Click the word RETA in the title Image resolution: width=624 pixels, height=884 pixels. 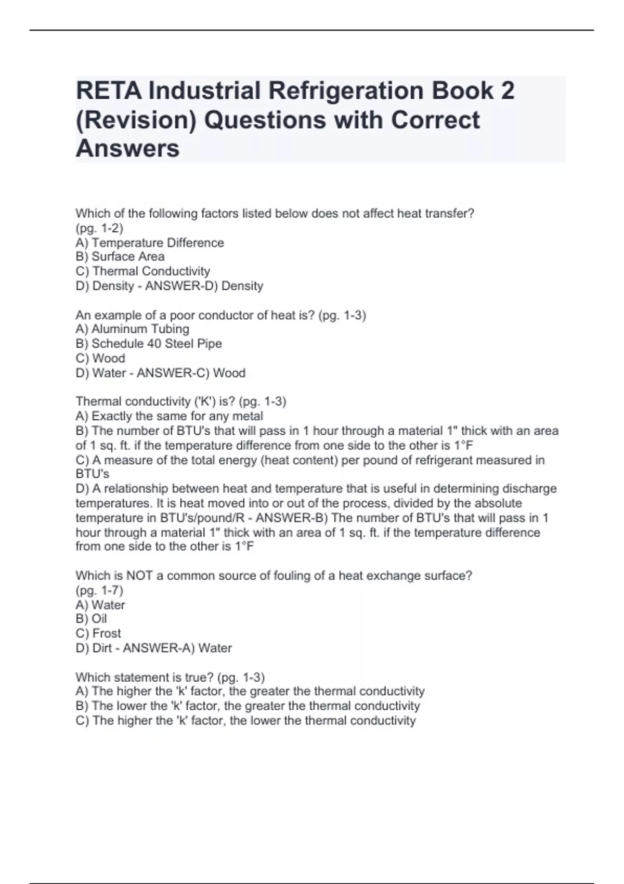(109, 91)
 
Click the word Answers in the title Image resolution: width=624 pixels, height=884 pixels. (127, 148)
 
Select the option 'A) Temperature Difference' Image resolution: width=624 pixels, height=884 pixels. (150, 243)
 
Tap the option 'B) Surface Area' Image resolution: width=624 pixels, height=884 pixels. (120, 256)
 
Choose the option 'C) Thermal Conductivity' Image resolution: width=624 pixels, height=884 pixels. (143, 271)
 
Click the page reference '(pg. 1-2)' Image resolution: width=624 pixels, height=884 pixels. (99, 228)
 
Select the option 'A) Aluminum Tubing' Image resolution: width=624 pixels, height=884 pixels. (133, 329)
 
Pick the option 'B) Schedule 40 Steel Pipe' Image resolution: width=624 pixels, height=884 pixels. (149, 343)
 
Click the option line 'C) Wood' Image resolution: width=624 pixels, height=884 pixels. (100, 358)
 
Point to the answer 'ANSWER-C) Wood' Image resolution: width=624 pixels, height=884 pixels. (191, 373)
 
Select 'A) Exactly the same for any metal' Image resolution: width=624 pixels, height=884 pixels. (170, 416)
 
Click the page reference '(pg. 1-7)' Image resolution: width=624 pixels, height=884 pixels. (99, 590)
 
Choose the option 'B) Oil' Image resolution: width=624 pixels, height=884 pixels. (92, 618)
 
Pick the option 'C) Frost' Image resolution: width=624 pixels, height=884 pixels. (98, 633)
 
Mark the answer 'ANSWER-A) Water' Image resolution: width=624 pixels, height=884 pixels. (177, 648)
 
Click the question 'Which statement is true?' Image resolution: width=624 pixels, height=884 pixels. (144, 677)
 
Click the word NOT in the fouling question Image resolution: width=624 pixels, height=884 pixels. (139, 576)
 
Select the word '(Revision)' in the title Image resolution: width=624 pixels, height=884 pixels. (136, 120)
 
